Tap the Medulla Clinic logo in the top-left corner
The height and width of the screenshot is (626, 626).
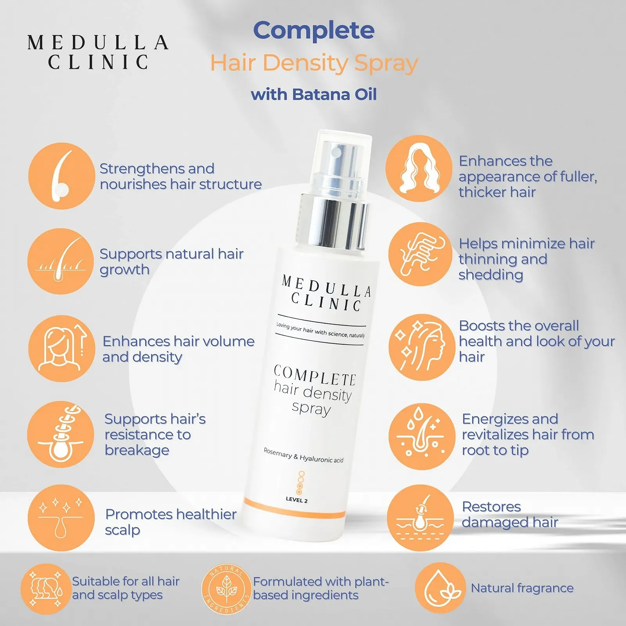coord(98,52)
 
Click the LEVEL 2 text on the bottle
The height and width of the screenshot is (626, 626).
coord(297,500)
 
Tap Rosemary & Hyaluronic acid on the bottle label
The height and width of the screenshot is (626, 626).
coord(303,455)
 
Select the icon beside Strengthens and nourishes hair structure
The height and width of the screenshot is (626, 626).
coord(61,176)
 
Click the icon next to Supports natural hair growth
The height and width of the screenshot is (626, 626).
coord(61,261)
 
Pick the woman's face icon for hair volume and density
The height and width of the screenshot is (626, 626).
coord(61,348)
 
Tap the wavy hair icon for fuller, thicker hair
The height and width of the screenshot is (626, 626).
coord(419,169)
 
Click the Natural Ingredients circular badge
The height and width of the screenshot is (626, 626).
coord(226,589)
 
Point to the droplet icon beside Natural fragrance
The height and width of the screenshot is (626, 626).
coord(440,588)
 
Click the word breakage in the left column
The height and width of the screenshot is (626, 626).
coord(137,450)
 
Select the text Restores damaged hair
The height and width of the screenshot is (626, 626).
coord(510,514)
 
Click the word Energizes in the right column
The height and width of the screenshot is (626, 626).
coord(510,419)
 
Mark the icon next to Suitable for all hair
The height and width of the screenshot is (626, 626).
coord(46,589)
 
